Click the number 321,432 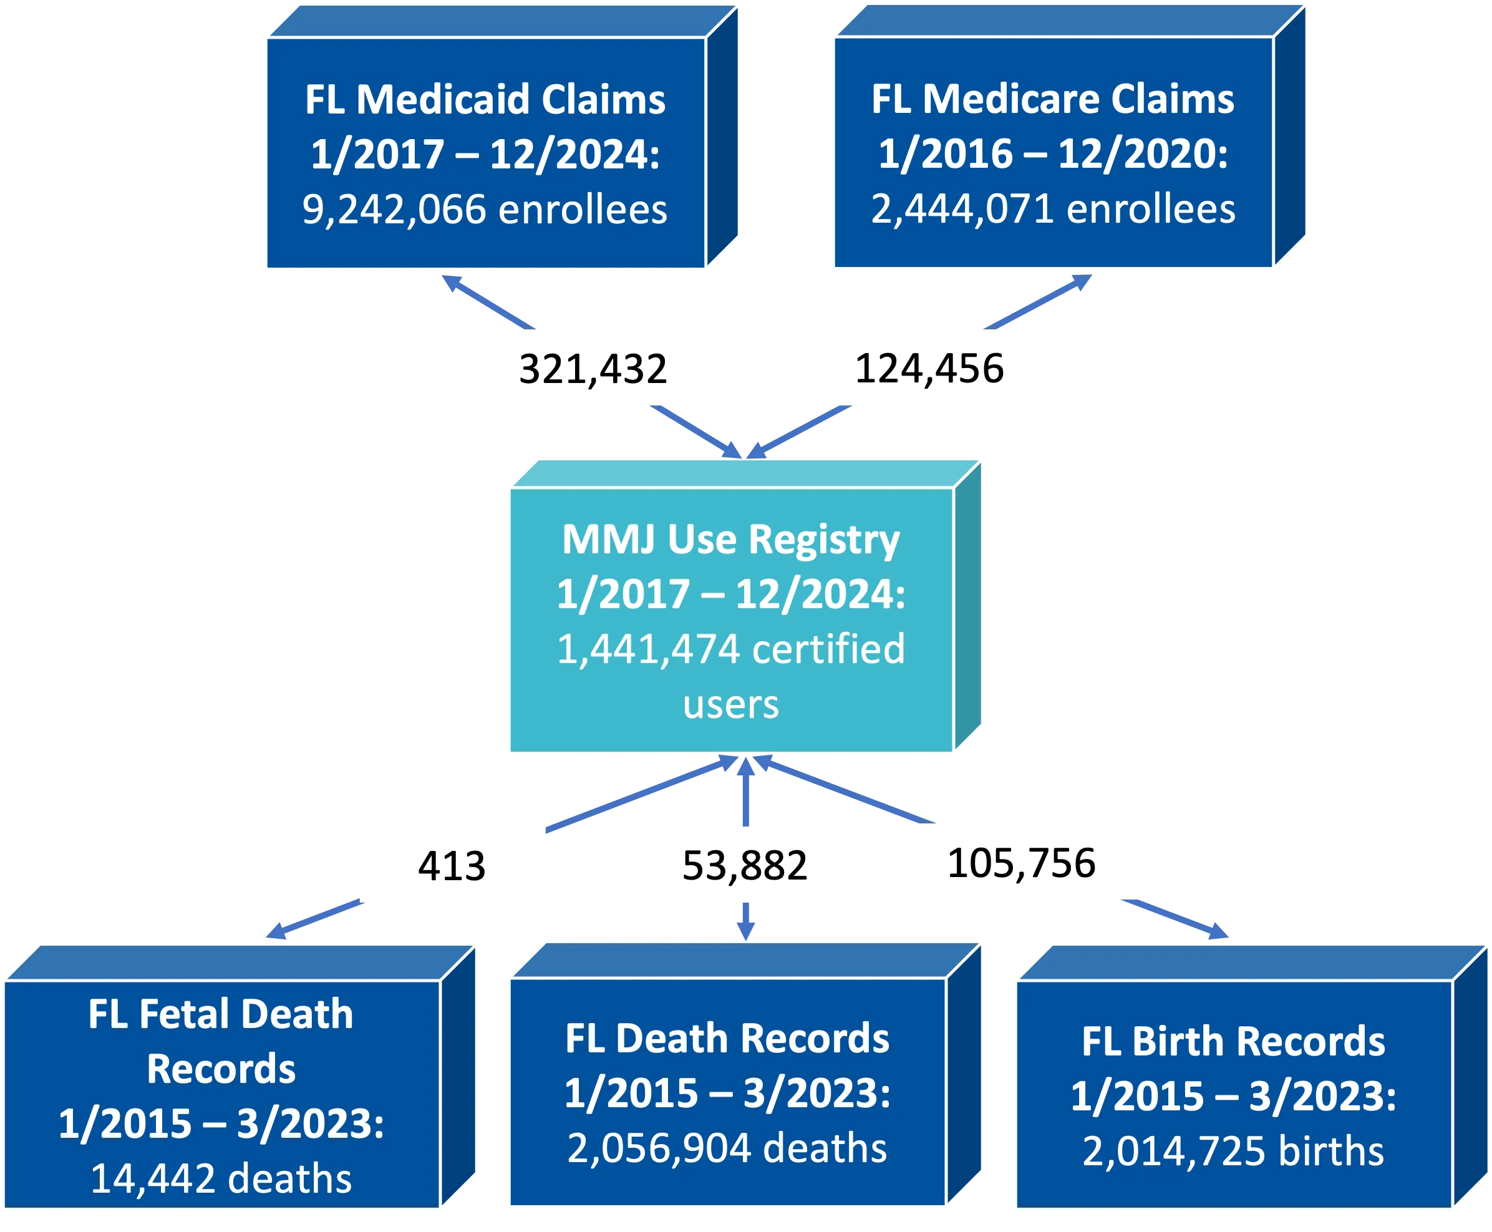[593, 369]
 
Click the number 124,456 [929, 369]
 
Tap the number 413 [452, 866]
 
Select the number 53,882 [744, 866]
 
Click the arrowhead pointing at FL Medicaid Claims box [452, 283]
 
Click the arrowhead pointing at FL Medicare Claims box [1080, 282]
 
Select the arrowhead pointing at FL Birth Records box [1218, 932]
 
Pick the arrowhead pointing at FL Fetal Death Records [277, 932]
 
